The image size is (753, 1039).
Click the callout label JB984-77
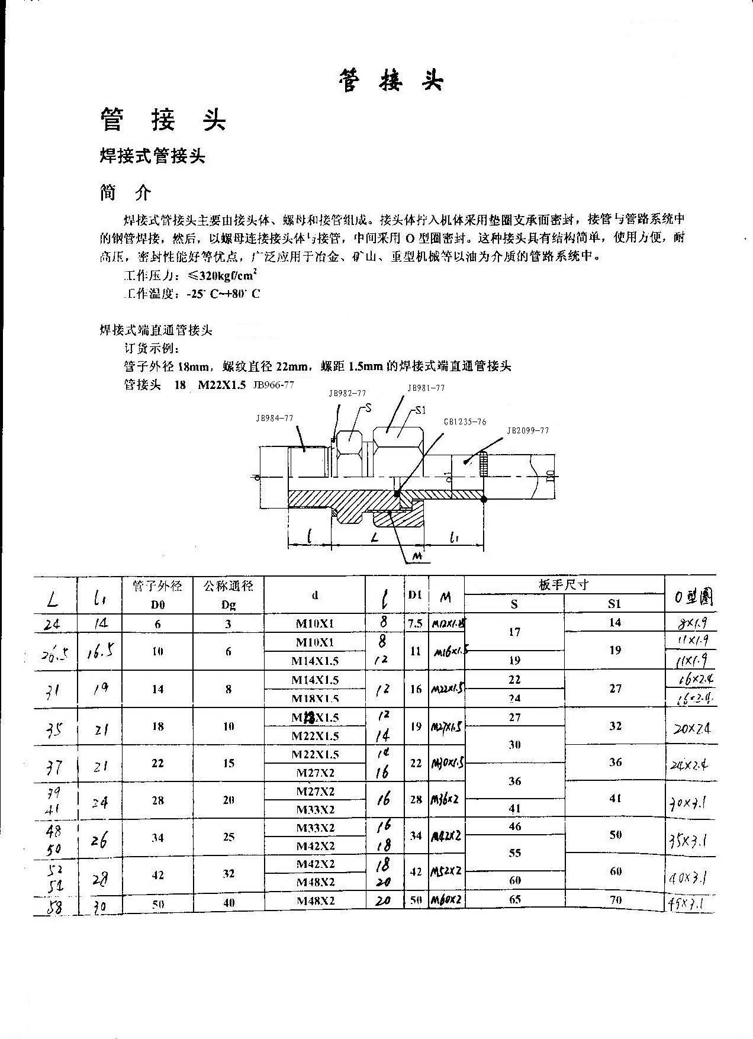275,418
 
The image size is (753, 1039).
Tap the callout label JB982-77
347,393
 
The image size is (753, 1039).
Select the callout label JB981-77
426,388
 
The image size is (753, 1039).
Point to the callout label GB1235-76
465,422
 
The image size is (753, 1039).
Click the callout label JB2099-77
528,431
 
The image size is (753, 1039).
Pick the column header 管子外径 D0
157,595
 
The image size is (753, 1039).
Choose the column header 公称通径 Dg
229,595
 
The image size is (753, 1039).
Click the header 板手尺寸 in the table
564,585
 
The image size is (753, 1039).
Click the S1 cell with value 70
615,900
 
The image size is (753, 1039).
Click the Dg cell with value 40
229,902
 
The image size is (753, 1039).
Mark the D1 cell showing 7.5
416,623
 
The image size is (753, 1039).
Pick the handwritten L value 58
54,906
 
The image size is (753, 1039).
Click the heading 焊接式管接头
152,156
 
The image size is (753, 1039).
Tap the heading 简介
125,193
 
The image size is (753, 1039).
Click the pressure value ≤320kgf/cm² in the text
221,276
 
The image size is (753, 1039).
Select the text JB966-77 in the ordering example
273,385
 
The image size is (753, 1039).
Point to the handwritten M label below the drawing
417,557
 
